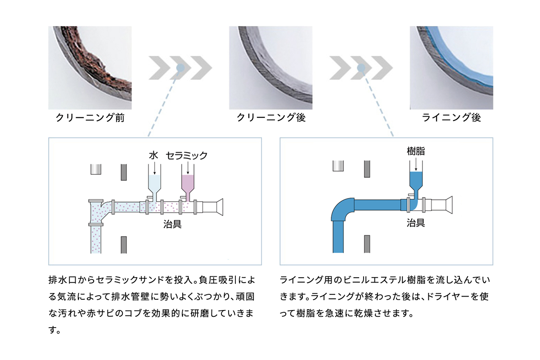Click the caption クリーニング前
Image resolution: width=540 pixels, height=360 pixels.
90,117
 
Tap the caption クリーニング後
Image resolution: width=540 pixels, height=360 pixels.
271,117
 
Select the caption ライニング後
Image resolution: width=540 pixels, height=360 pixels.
451,117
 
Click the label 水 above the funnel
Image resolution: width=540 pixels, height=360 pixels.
153,156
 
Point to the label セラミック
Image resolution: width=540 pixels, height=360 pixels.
187,156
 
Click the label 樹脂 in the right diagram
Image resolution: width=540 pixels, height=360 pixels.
416,151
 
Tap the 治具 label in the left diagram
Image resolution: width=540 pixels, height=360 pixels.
172,224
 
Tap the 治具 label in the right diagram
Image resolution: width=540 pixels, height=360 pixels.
416,223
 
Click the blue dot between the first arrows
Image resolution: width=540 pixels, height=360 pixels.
180,68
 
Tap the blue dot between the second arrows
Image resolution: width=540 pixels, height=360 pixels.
361,68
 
